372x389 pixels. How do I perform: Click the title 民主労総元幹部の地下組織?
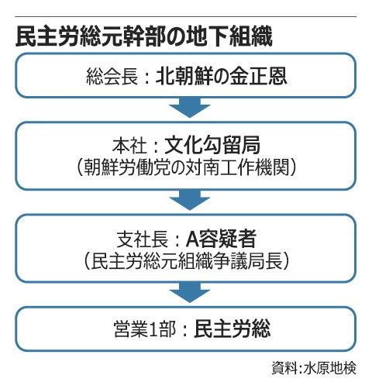[x=144, y=36]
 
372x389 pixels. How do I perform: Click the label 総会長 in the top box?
[x=112, y=77]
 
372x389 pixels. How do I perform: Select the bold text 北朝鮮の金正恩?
[x=221, y=76]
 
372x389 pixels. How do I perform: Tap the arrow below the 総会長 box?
[x=190, y=108]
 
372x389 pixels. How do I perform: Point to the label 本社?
[x=129, y=146]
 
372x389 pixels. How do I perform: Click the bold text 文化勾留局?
[x=212, y=145]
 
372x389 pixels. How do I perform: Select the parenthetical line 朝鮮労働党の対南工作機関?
[x=186, y=167]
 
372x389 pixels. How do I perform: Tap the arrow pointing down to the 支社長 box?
[x=190, y=200]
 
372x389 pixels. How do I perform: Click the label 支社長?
[x=143, y=239]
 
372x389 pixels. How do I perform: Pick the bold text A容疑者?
[x=221, y=239]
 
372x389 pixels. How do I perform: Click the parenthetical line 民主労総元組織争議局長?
[x=186, y=260]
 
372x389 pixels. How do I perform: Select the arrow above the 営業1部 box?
[x=190, y=293]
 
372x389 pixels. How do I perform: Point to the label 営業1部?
[x=145, y=329]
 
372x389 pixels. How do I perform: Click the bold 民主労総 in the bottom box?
[x=232, y=329]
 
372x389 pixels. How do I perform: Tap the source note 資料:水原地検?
[x=314, y=367]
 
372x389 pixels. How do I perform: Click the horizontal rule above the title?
[x=186, y=17]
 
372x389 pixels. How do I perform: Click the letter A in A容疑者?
[x=191, y=239]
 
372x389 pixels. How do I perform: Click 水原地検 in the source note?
[x=330, y=367]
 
